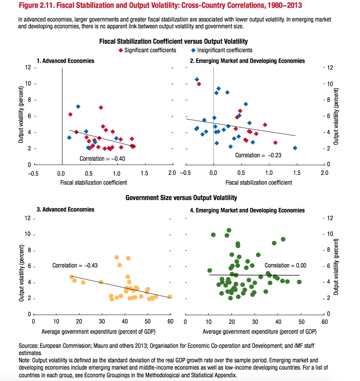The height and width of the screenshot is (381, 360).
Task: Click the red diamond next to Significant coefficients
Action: point(121,50)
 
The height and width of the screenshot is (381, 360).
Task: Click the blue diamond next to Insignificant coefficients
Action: point(193,50)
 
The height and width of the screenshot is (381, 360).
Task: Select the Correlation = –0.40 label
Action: point(102,158)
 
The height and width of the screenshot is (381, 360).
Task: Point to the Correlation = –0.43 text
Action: point(75,265)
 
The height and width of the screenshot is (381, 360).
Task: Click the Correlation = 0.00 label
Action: point(285,265)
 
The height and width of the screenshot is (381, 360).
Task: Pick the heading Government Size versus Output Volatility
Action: point(181,198)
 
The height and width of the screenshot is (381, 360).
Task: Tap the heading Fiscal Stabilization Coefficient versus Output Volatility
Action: point(173,41)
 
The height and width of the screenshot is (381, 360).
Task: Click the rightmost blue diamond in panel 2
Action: point(295,148)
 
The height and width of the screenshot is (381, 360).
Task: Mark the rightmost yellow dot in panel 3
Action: point(170,296)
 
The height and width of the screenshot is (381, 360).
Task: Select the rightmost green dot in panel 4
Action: point(299,281)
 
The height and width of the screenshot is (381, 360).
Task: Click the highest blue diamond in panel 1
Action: point(78,106)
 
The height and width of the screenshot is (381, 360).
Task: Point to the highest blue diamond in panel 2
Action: point(197,79)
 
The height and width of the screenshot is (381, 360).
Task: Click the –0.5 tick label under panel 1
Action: point(33,173)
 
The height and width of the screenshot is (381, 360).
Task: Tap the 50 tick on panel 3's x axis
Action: point(147,322)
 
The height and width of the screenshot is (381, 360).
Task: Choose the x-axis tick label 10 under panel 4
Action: point(208,322)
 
